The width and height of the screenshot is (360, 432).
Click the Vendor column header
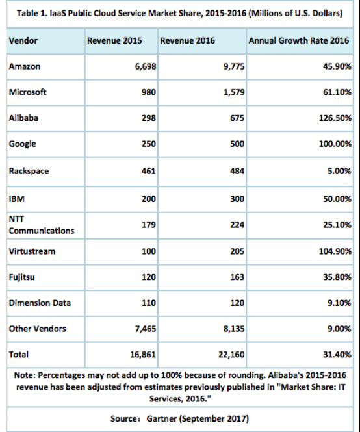coord(23,40)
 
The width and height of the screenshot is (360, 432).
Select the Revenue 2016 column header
coord(187,40)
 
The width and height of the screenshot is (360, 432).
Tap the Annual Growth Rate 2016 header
coord(299,40)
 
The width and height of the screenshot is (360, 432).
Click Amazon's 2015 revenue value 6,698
coord(146,66)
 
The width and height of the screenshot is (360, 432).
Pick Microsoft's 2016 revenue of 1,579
coord(234,92)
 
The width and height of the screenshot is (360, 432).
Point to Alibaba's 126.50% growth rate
coord(335,118)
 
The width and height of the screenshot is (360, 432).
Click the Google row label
coord(22,144)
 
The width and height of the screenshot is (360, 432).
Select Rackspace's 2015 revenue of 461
coord(149,171)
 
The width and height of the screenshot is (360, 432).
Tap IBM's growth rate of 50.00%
coord(337,199)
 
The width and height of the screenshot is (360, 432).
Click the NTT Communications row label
coord(42,225)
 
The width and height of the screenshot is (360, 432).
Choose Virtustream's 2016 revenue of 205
coord(237,251)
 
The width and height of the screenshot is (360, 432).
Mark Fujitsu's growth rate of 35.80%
coord(337,277)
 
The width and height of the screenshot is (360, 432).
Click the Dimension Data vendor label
coord(40,303)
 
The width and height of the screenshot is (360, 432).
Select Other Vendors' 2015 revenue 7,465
coord(146,329)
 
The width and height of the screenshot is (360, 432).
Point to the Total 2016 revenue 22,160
coord(231,354)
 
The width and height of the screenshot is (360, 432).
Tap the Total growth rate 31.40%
coord(337,354)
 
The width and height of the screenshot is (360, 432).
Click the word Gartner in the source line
coord(162,419)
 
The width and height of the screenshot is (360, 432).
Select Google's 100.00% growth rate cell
coord(335,144)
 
